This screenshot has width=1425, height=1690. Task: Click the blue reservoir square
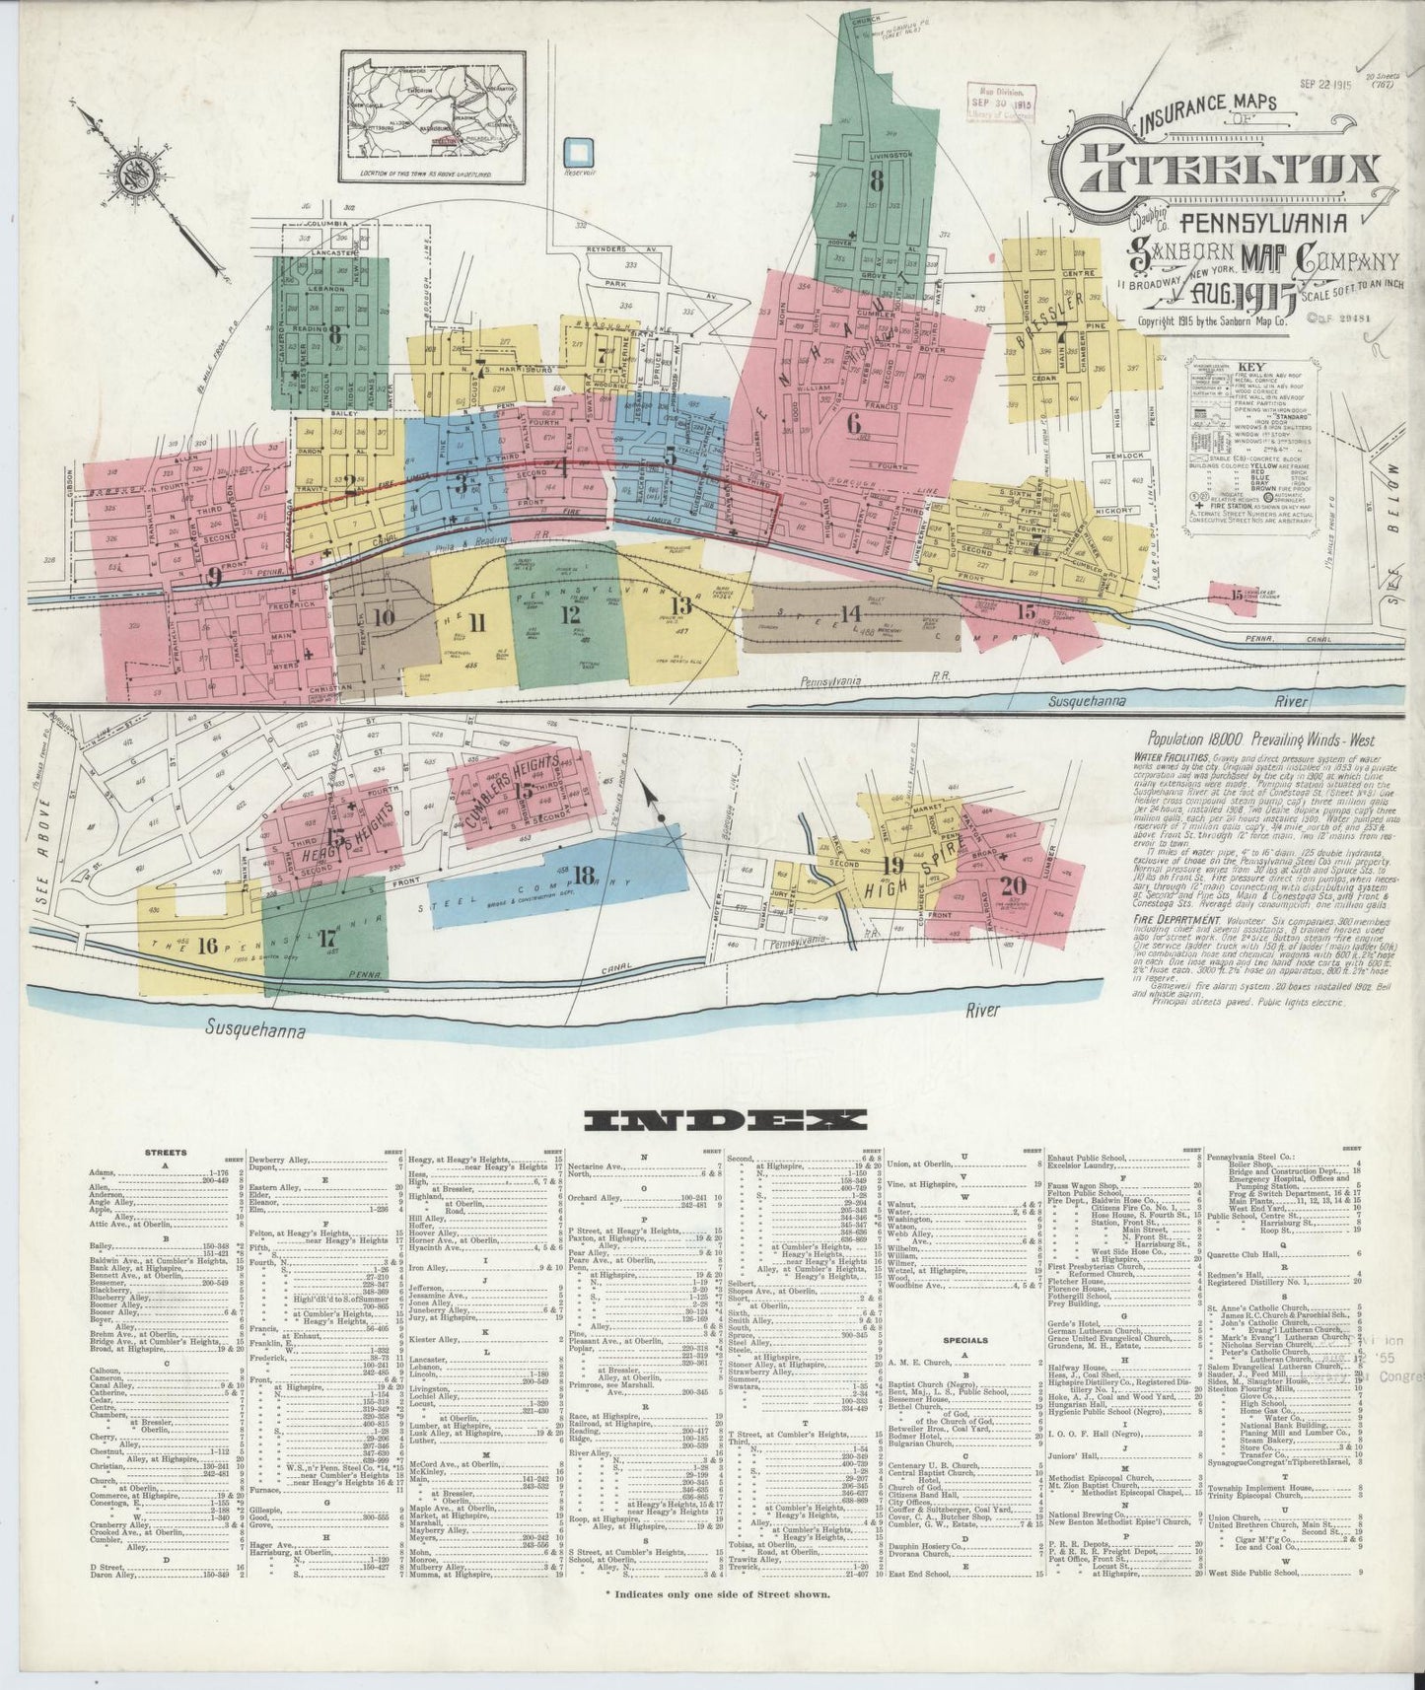point(581,152)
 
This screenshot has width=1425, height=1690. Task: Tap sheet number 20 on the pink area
point(1013,884)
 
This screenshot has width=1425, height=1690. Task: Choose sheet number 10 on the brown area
point(384,619)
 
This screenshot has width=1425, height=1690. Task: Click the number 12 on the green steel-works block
point(569,613)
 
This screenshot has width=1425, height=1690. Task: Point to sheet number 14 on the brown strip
point(847,613)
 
